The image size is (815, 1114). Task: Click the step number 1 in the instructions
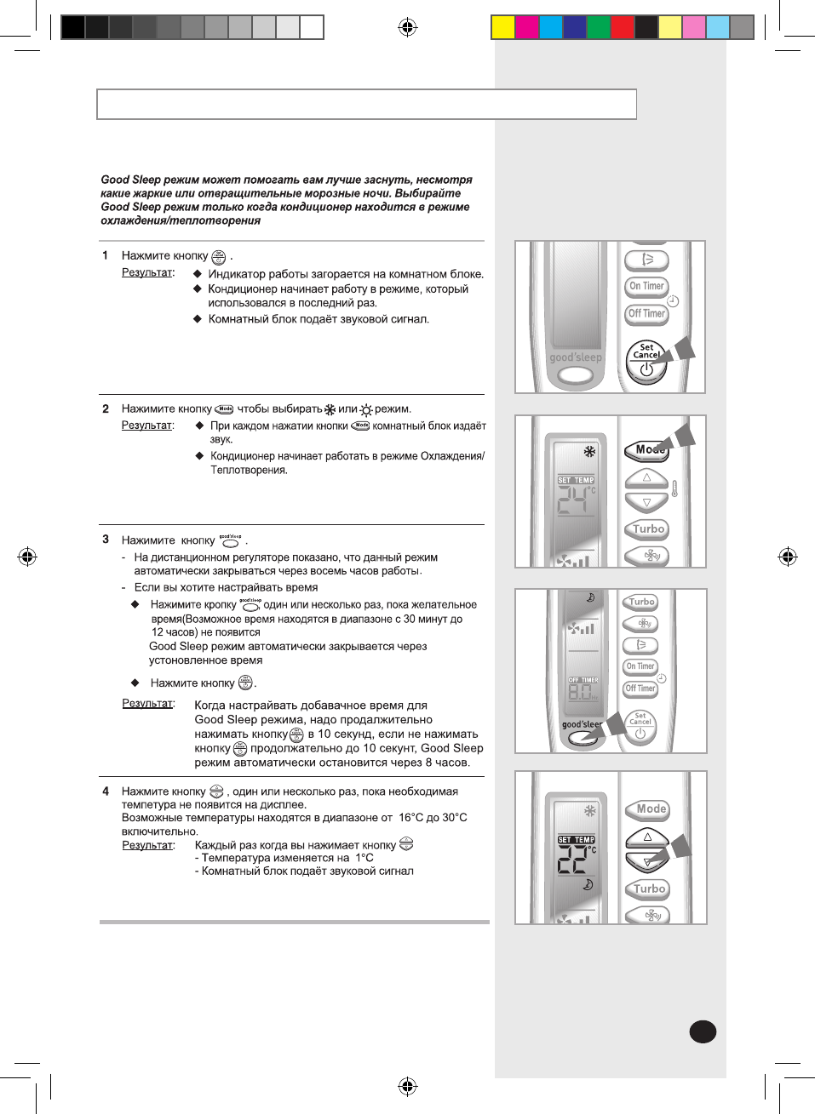coord(105,255)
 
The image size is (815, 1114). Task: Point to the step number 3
coord(106,540)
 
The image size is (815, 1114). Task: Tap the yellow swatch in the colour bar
coord(502,27)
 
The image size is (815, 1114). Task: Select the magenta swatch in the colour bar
coord(526,27)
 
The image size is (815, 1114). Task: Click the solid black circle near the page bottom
coord(703,1031)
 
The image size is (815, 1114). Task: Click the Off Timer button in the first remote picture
coord(646,313)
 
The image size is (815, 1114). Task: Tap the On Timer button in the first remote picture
coord(646,286)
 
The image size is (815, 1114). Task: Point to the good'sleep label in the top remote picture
coord(576,357)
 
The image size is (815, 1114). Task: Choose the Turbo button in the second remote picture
coord(648,528)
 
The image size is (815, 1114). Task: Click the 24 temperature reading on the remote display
coord(573,502)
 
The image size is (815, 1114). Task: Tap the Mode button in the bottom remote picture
coord(651,809)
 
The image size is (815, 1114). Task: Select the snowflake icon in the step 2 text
coord(330,409)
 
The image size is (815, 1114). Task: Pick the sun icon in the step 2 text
coord(366,410)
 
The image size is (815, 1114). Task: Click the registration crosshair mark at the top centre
coord(407,27)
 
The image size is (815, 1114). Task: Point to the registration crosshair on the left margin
coord(27,557)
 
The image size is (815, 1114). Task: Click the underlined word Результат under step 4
coord(147,845)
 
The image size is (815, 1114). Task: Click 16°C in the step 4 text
coord(410,818)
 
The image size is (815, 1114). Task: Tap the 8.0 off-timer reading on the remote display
coord(580,692)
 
